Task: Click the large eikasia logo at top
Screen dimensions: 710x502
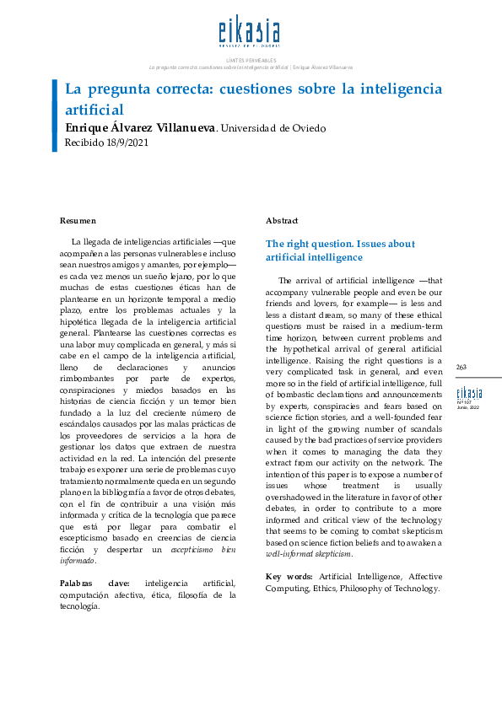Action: coord(251,33)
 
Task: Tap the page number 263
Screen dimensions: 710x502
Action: coord(462,367)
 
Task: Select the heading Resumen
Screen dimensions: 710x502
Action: coord(78,220)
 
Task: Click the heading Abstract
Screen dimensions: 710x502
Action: coord(282,220)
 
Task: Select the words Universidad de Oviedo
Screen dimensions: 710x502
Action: coord(272,128)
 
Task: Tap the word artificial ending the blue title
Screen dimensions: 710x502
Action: coord(94,109)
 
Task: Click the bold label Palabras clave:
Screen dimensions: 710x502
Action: coord(94,583)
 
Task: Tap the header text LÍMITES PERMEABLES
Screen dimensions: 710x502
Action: coord(251,60)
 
